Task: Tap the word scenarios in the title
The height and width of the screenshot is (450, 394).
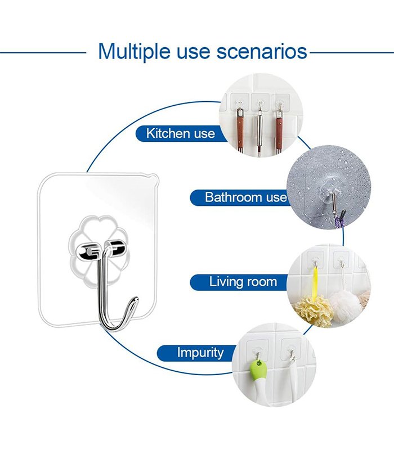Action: tap(262, 52)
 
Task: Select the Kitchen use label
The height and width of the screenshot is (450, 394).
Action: tap(181, 133)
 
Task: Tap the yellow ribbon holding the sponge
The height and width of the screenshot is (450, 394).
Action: tap(315, 281)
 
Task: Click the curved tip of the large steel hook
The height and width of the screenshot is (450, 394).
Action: tap(136, 299)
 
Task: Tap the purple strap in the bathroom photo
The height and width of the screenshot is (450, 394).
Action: tap(339, 222)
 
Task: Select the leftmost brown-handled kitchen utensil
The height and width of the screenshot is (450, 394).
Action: tap(240, 130)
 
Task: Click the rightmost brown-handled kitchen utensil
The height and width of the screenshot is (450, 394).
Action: tap(279, 130)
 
